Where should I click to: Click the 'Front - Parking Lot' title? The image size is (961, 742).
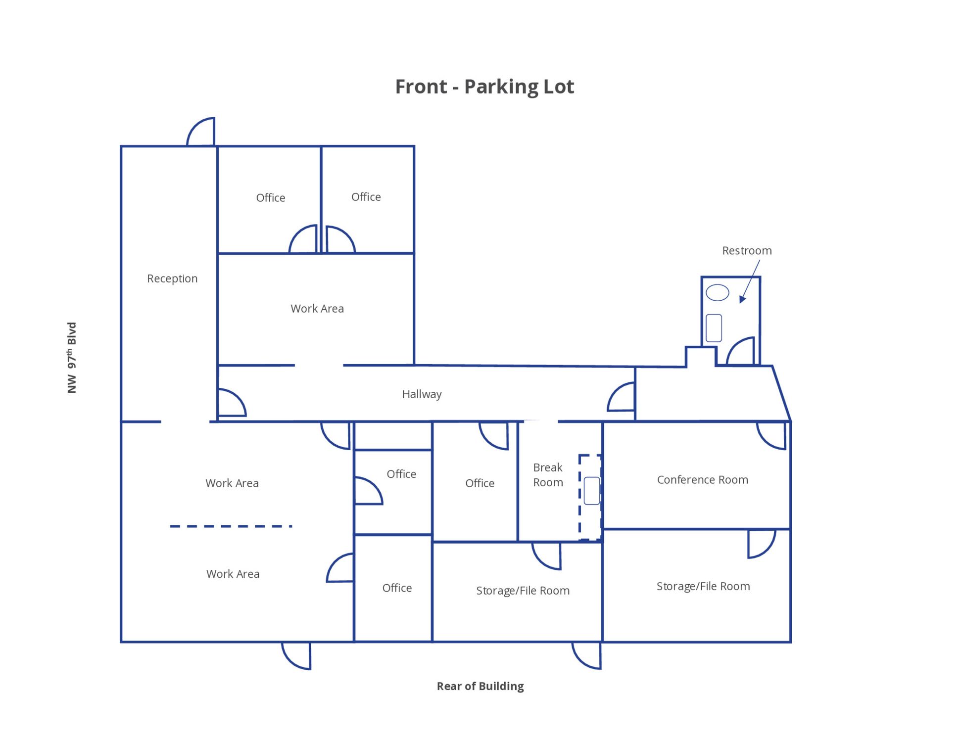[484, 87]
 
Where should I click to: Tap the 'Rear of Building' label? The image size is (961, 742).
[480, 686]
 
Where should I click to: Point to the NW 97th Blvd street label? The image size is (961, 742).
[72, 358]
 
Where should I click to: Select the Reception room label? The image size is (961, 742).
[172, 278]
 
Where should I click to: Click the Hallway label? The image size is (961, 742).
[422, 394]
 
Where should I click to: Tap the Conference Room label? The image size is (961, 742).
[703, 479]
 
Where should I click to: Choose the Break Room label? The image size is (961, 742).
[548, 475]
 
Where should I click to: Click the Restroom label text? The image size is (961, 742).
[747, 251]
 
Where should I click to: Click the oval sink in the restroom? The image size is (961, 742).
[717, 292]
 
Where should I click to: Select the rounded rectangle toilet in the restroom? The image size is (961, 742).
[714, 328]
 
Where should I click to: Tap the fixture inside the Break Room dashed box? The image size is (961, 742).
[592, 491]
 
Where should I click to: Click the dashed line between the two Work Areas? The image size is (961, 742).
[231, 526]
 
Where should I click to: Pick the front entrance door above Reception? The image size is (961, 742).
[201, 132]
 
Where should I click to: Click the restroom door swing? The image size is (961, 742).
[741, 351]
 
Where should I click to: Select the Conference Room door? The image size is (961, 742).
[771, 436]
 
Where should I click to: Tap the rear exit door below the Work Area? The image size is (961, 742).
[296, 656]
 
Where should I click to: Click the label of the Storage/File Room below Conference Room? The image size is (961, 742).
[703, 586]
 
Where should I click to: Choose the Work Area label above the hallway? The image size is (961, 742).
[317, 309]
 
